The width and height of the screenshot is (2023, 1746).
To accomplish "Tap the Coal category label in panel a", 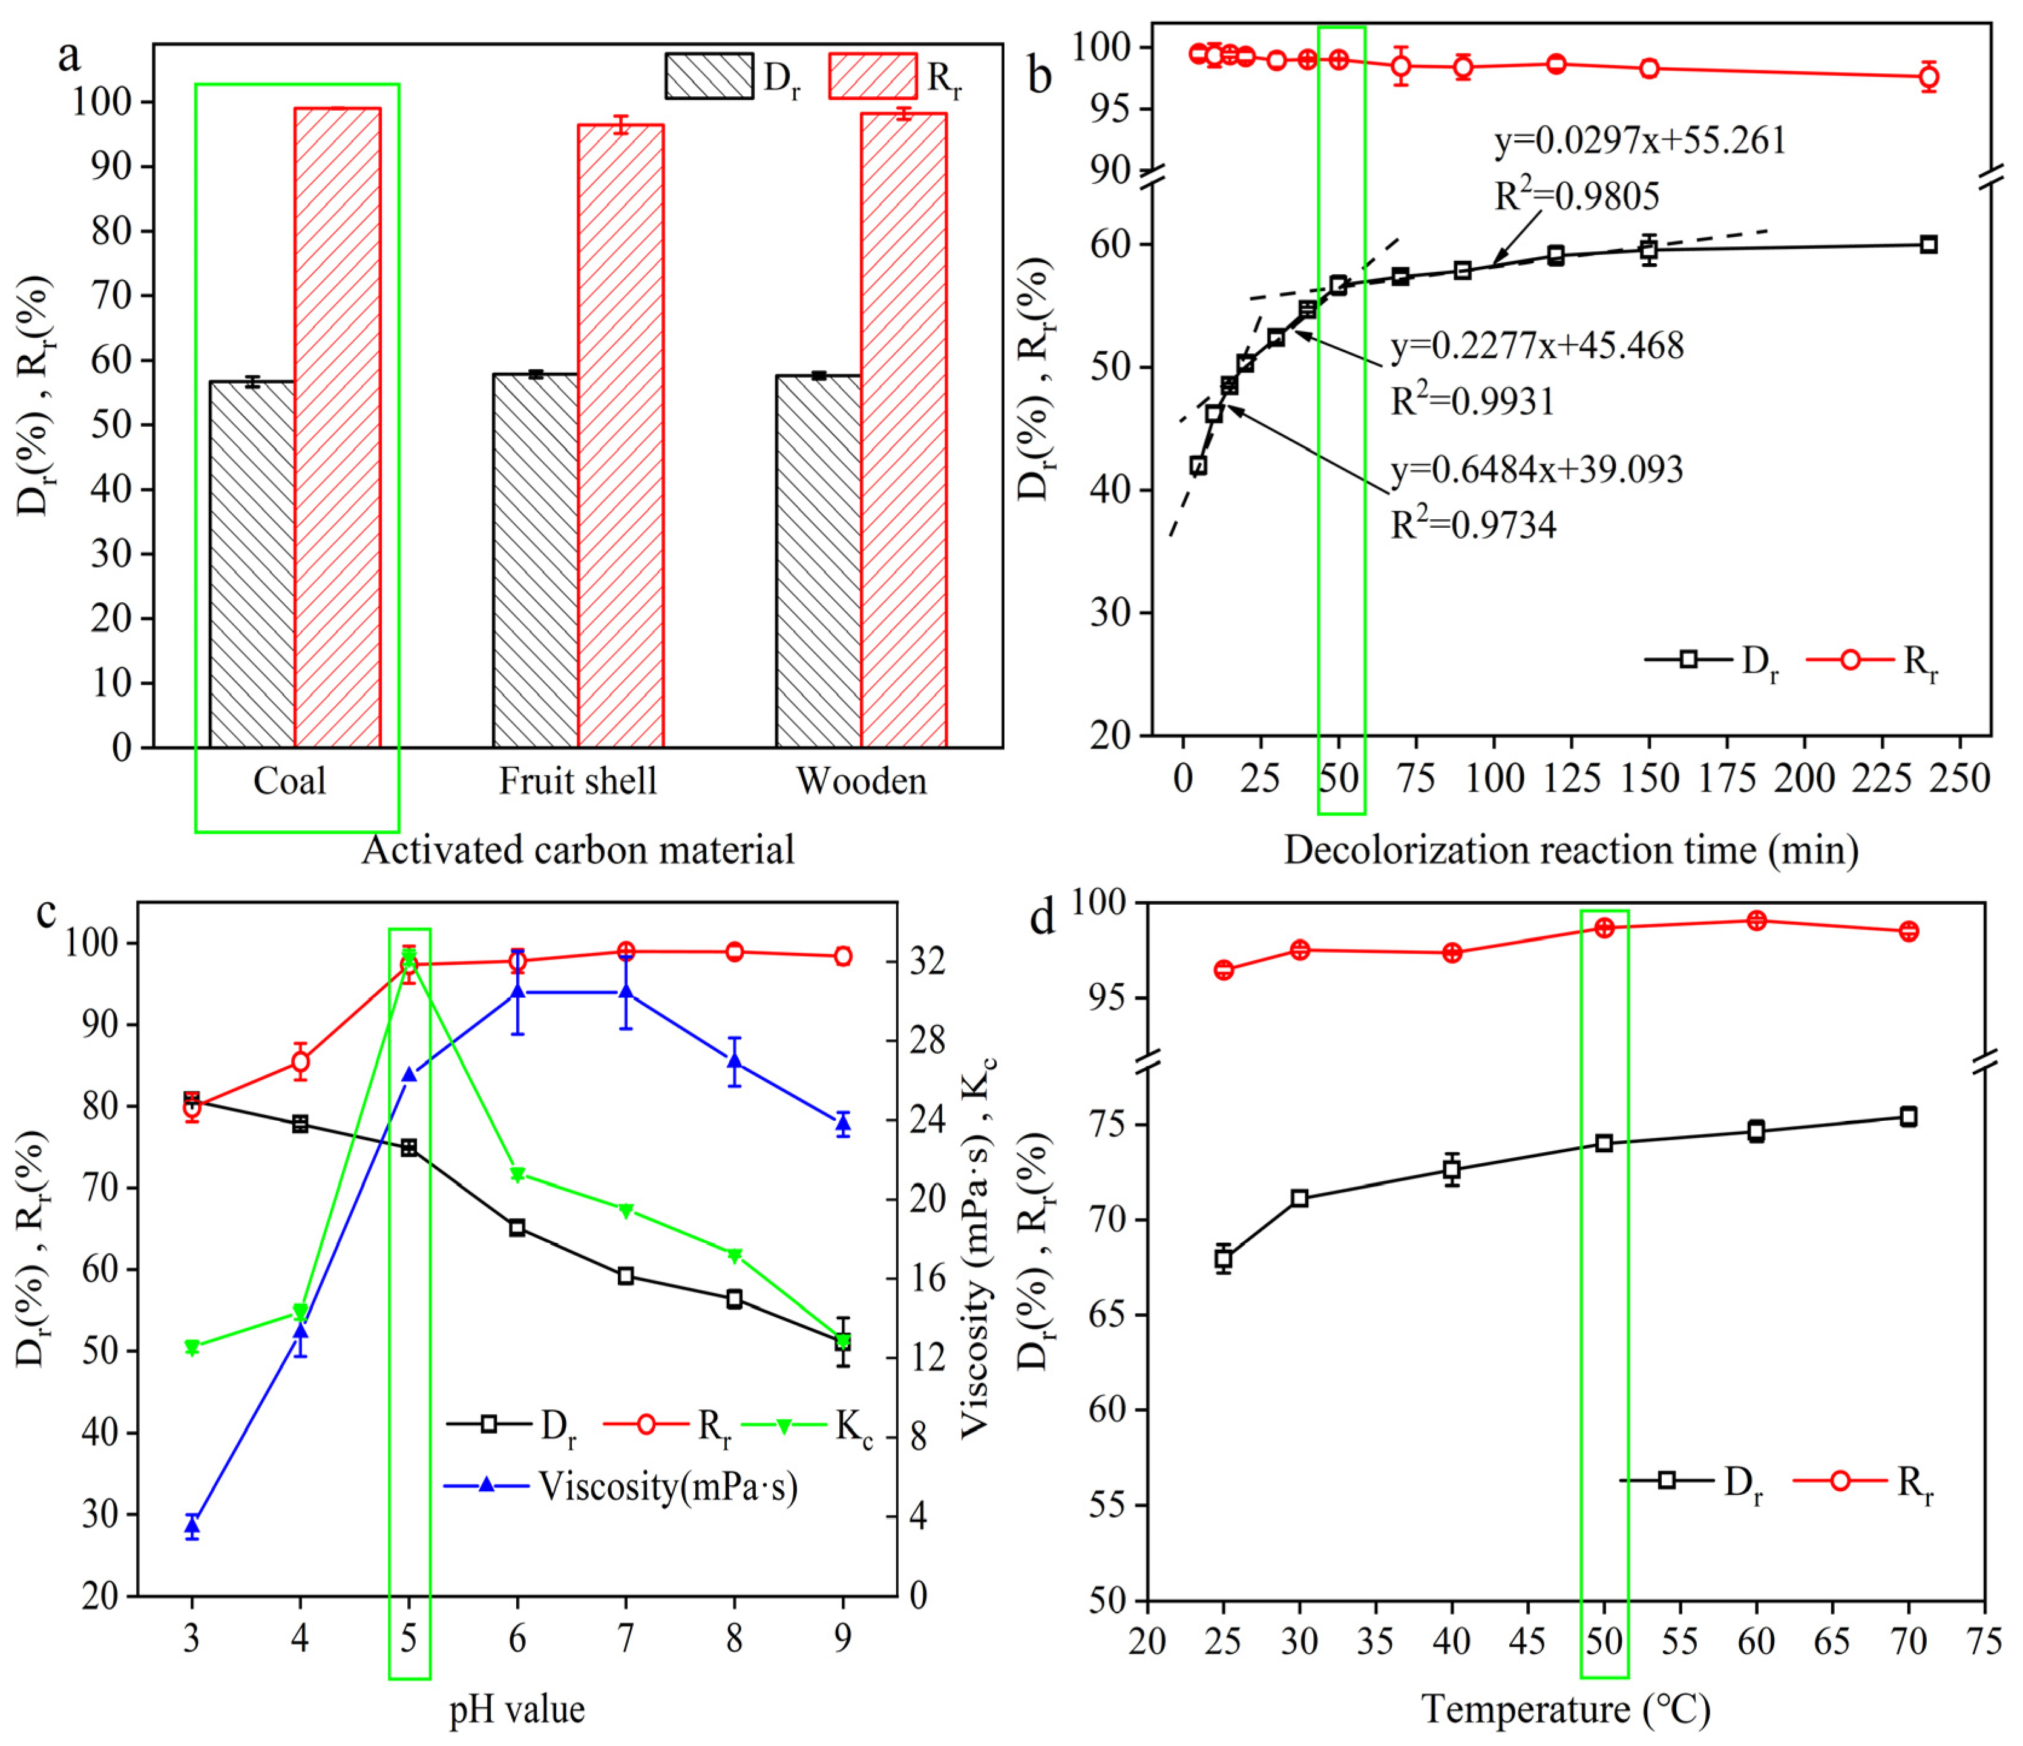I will click(289, 781).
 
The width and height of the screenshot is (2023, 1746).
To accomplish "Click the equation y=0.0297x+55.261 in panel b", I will click(1641, 142).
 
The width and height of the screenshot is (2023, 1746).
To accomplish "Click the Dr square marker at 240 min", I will click(1928, 244).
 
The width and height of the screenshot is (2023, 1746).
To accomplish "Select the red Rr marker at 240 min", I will click(1928, 76).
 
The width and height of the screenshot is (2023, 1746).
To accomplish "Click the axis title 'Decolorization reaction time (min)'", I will click(1570, 850).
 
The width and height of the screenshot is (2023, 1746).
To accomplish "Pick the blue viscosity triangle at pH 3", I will click(192, 1525).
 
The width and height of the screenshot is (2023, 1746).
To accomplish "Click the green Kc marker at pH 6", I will click(517, 1175).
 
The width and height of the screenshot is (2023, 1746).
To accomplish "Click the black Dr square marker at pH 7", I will click(626, 1276).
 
